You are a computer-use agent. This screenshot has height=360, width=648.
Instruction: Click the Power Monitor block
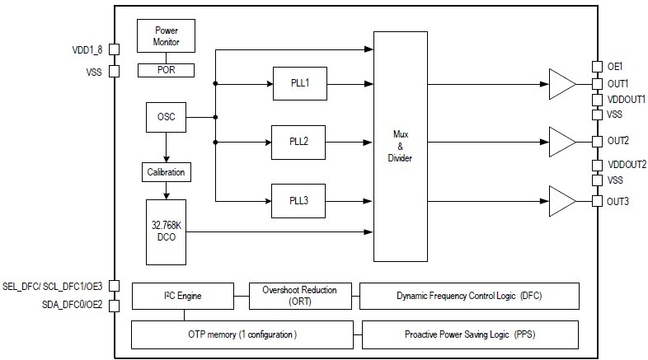pos(167,36)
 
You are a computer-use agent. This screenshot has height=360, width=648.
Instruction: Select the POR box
pos(167,70)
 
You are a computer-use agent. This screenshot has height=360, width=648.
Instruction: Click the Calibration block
pos(167,173)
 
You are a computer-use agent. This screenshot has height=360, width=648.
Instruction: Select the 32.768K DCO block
pos(167,231)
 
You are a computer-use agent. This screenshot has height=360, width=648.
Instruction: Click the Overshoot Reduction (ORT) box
pos(299,295)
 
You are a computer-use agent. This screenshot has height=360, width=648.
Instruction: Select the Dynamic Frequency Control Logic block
pos(469,295)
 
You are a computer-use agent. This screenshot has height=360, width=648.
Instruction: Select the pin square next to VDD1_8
pos(115,49)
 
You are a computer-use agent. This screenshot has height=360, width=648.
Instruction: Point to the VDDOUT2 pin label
pos(627,165)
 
